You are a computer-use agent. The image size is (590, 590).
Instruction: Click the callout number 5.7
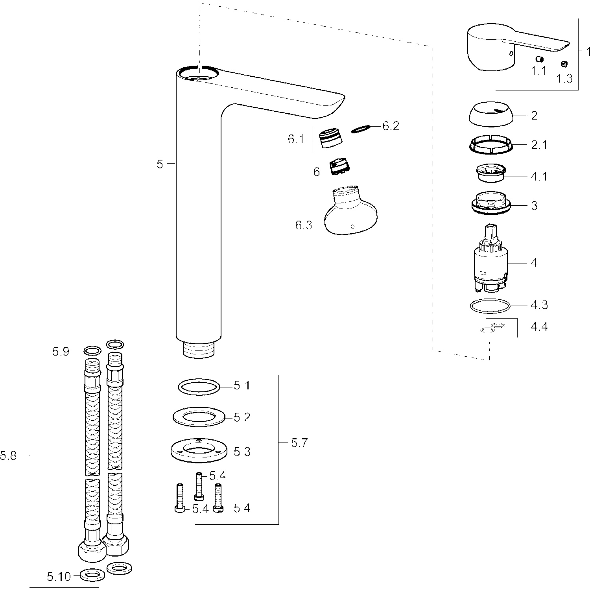pyautogui.click(x=299, y=443)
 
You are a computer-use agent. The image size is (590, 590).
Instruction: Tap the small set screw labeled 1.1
pyautogui.click(x=540, y=59)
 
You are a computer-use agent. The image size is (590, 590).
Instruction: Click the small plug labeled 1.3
pyautogui.click(x=563, y=64)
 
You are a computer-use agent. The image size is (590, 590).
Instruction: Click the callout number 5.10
pyautogui.click(x=59, y=577)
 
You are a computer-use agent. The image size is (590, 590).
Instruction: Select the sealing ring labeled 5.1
pyautogui.click(x=199, y=387)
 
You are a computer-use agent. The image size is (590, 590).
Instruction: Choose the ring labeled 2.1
pyautogui.click(x=491, y=146)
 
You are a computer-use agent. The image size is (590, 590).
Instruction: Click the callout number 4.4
pyautogui.click(x=539, y=326)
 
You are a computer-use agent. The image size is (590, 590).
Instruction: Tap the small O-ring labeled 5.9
pyautogui.click(x=92, y=351)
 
